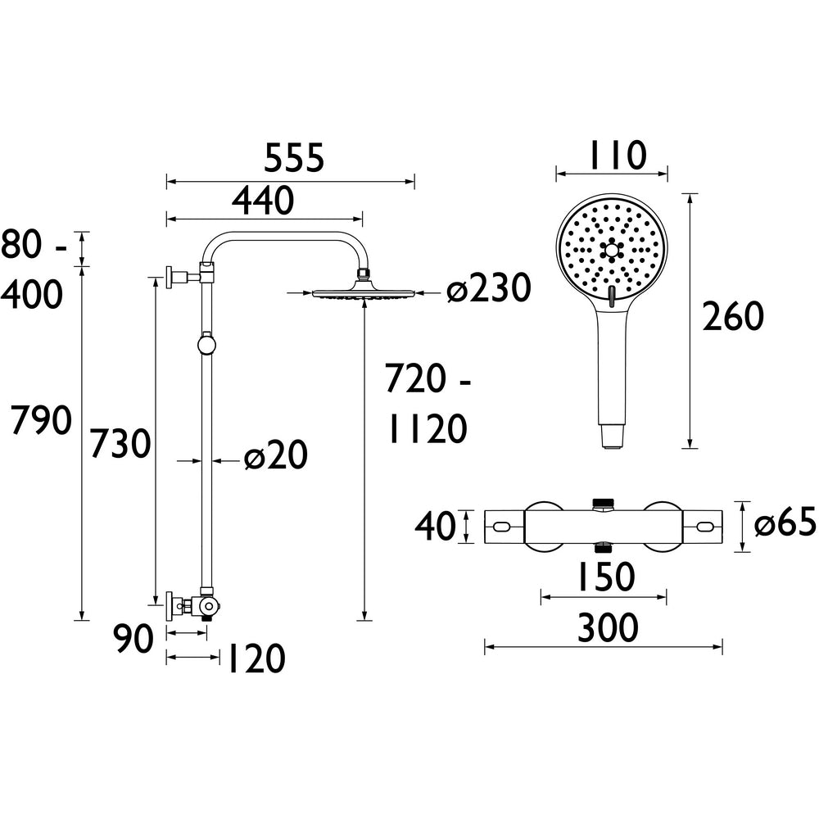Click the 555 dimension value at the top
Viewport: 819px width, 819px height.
[x=294, y=158]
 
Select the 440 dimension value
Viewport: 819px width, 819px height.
[x=262, y=201]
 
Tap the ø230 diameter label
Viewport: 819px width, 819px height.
[x=489, y=289]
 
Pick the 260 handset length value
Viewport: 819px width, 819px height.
[x=733, y=317]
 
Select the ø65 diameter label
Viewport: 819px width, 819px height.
[x=785, y=524]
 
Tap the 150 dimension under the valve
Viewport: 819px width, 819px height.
[x=604, y=578]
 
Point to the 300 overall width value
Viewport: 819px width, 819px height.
[x=607, y=629]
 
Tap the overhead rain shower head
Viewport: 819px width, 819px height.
[x=364, y=292]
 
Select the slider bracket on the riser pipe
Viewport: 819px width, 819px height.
[x=207, y=343]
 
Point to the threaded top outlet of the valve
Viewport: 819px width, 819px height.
[x=604, y=501]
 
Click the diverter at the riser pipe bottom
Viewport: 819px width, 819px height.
[x=208, y=607]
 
